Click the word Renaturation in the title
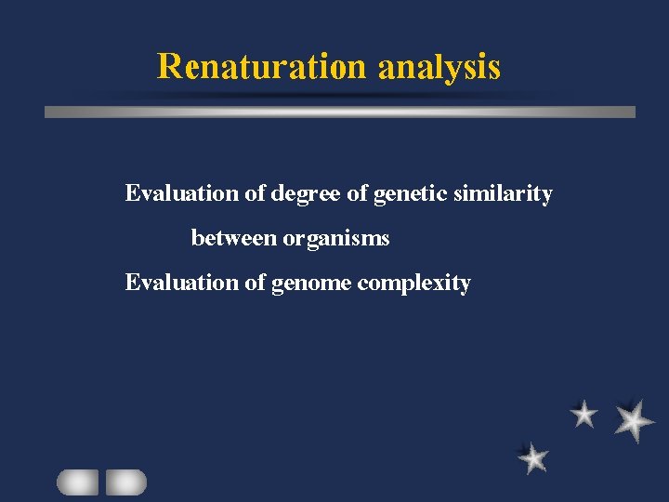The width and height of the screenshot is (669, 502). tap(263, 67)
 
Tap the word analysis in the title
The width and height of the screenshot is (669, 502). tap(439, 68)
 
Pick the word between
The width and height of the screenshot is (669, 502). tap(234, 238)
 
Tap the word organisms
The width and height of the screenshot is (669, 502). tap(336, 239)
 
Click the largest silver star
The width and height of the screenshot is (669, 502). tap(634, 420)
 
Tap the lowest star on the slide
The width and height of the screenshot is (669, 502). tap(533, 457)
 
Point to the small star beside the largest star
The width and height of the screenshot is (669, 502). tap(584, 415)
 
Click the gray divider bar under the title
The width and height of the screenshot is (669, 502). tap(340, 112)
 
